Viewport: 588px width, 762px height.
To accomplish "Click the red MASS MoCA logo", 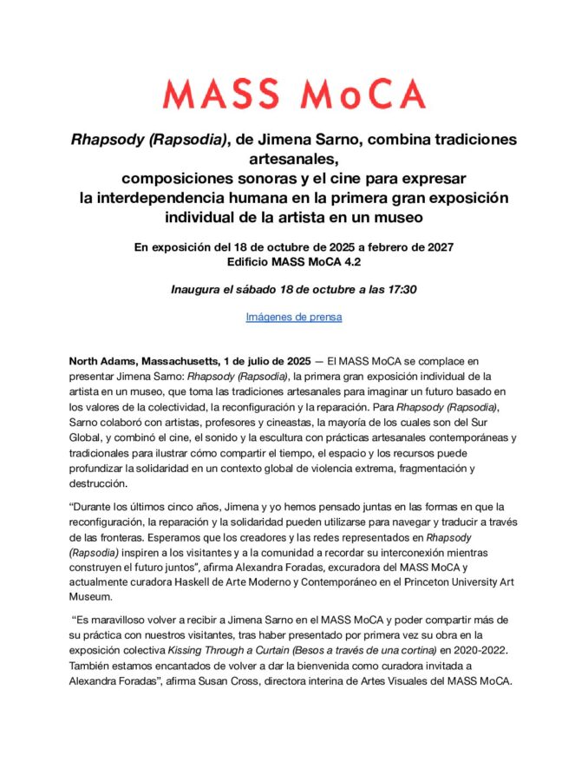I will pyautogui.click(x=294, y=94).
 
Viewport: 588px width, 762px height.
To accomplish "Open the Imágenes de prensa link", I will pyautogui.click(x=294, y=317).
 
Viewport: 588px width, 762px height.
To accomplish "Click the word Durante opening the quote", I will pyautogui.click(x=94, y=506).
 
